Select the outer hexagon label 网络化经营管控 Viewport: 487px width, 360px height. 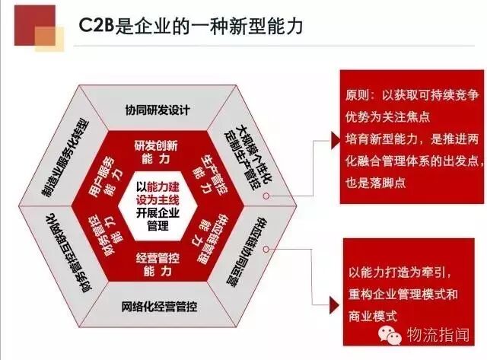[156, 307]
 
